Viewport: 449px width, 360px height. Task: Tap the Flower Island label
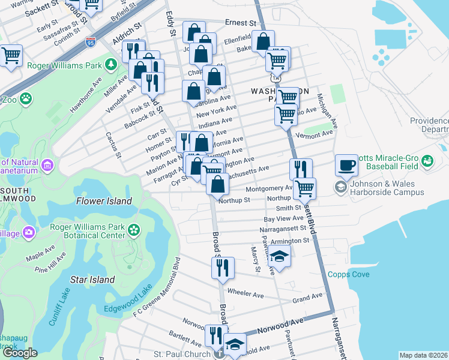[x=104, y=201]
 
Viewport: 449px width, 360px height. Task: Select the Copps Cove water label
[x=344, y=275]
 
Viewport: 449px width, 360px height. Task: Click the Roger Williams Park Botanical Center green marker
[x=133, y=229]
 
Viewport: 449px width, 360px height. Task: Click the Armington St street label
[x=289, y=241]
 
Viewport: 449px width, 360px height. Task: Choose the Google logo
[x=20, y=352]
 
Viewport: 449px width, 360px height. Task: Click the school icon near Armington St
[x=278, y=257]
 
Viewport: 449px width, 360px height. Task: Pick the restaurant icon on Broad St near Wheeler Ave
[x=223, y=268]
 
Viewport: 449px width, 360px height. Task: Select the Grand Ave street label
[x=308, y=298]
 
